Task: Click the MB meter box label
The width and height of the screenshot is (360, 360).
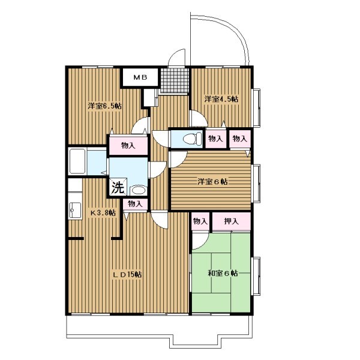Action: point(140,77)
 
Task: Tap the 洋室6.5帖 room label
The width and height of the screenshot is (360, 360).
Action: point(104,106)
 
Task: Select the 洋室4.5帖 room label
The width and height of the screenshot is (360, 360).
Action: point(221,99)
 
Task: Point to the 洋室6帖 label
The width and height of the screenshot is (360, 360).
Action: point(212,182)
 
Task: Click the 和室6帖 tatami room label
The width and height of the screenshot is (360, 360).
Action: point(223,273)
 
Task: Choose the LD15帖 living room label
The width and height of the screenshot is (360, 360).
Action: point(127,274)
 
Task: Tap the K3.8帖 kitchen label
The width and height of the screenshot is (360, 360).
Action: point(103,212)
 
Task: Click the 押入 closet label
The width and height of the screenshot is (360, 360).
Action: point(231,221)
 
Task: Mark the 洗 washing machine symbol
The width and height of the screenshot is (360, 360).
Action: point(118,188)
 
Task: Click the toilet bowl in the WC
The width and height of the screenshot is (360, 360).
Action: point(190,139)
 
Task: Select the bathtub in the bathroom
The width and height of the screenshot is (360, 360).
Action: point(77,161)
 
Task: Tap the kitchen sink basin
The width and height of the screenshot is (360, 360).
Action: point(75,210)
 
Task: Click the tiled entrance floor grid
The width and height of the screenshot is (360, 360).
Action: point(175,80)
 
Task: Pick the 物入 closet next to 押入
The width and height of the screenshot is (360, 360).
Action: point(200,221)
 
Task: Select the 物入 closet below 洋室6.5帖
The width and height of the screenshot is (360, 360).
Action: point(128,146)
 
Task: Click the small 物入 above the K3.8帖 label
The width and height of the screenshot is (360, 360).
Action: point(134,203)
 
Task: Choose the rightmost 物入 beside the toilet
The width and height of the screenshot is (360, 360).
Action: point(239,139)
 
